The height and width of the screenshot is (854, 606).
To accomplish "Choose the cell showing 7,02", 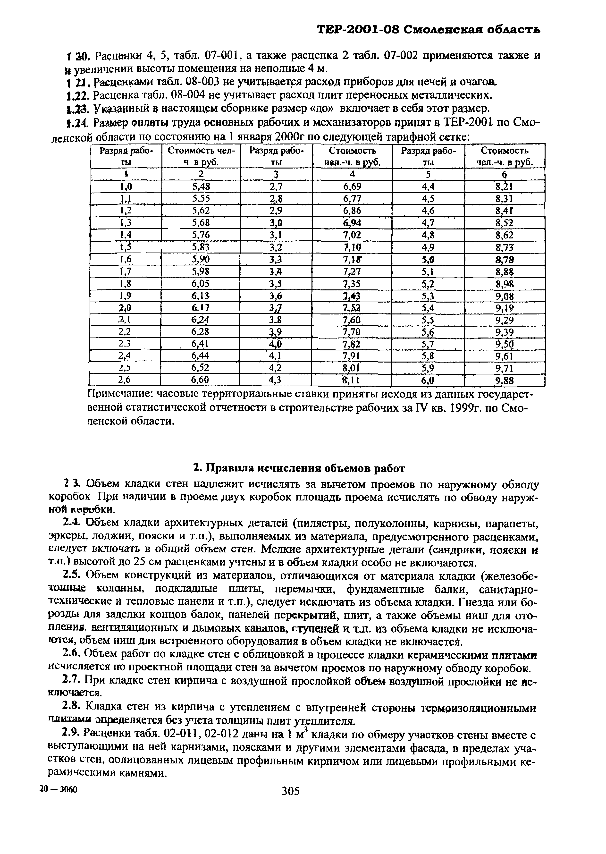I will (x=352, y=235).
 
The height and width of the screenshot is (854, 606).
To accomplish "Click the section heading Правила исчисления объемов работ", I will (x=299, y=468).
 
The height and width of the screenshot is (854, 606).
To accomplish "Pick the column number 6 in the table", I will (x=505, y=174).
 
